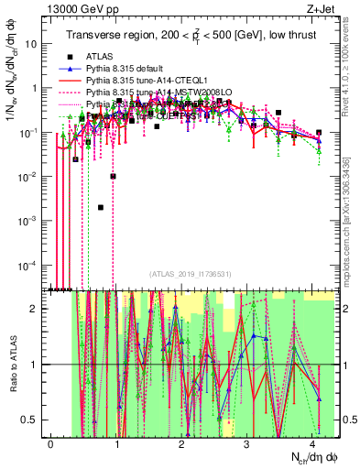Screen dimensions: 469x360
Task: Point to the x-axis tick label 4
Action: tap(311, 442)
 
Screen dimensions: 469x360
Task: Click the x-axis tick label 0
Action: tap(51, 442)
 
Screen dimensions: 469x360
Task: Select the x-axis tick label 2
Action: tap(181, 442)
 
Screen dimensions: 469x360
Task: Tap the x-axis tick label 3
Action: tap(246, 442)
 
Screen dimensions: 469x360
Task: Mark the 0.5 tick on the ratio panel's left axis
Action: tap(30, 420)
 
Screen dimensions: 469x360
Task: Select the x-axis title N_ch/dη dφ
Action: tap(306, 457)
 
